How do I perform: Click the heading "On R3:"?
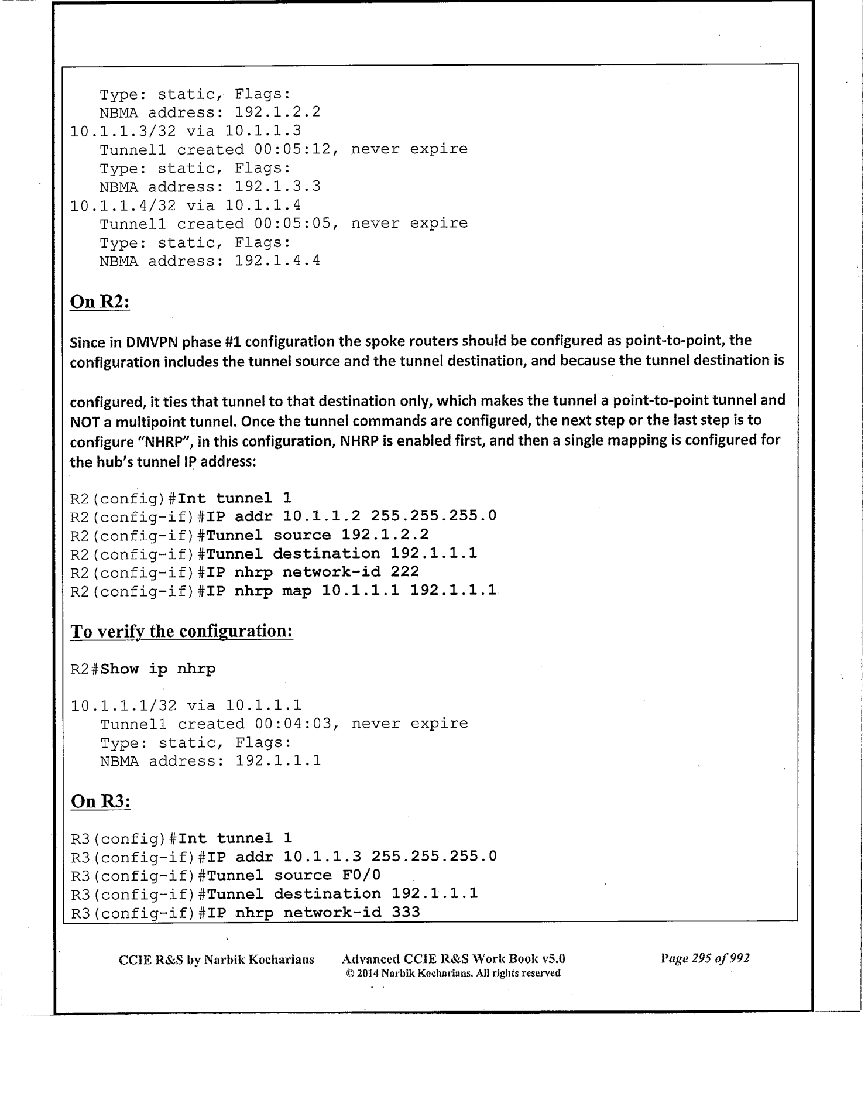click(x=100, y=800)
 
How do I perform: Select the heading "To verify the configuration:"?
click(x=181, y=631)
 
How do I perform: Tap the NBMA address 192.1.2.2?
click(x=277, y=112)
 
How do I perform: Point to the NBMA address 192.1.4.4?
click(x=277, y=261)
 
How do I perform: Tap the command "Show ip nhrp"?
click(x=158, y=669)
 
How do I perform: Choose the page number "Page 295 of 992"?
click(x=705, y=958)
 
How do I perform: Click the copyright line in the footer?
click(x=453, y=973)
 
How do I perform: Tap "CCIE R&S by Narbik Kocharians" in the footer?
click(x=216, y=960)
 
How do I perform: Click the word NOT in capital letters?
click(x=83, y=421)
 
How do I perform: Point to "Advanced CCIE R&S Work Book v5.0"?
click(x=453, y=959)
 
